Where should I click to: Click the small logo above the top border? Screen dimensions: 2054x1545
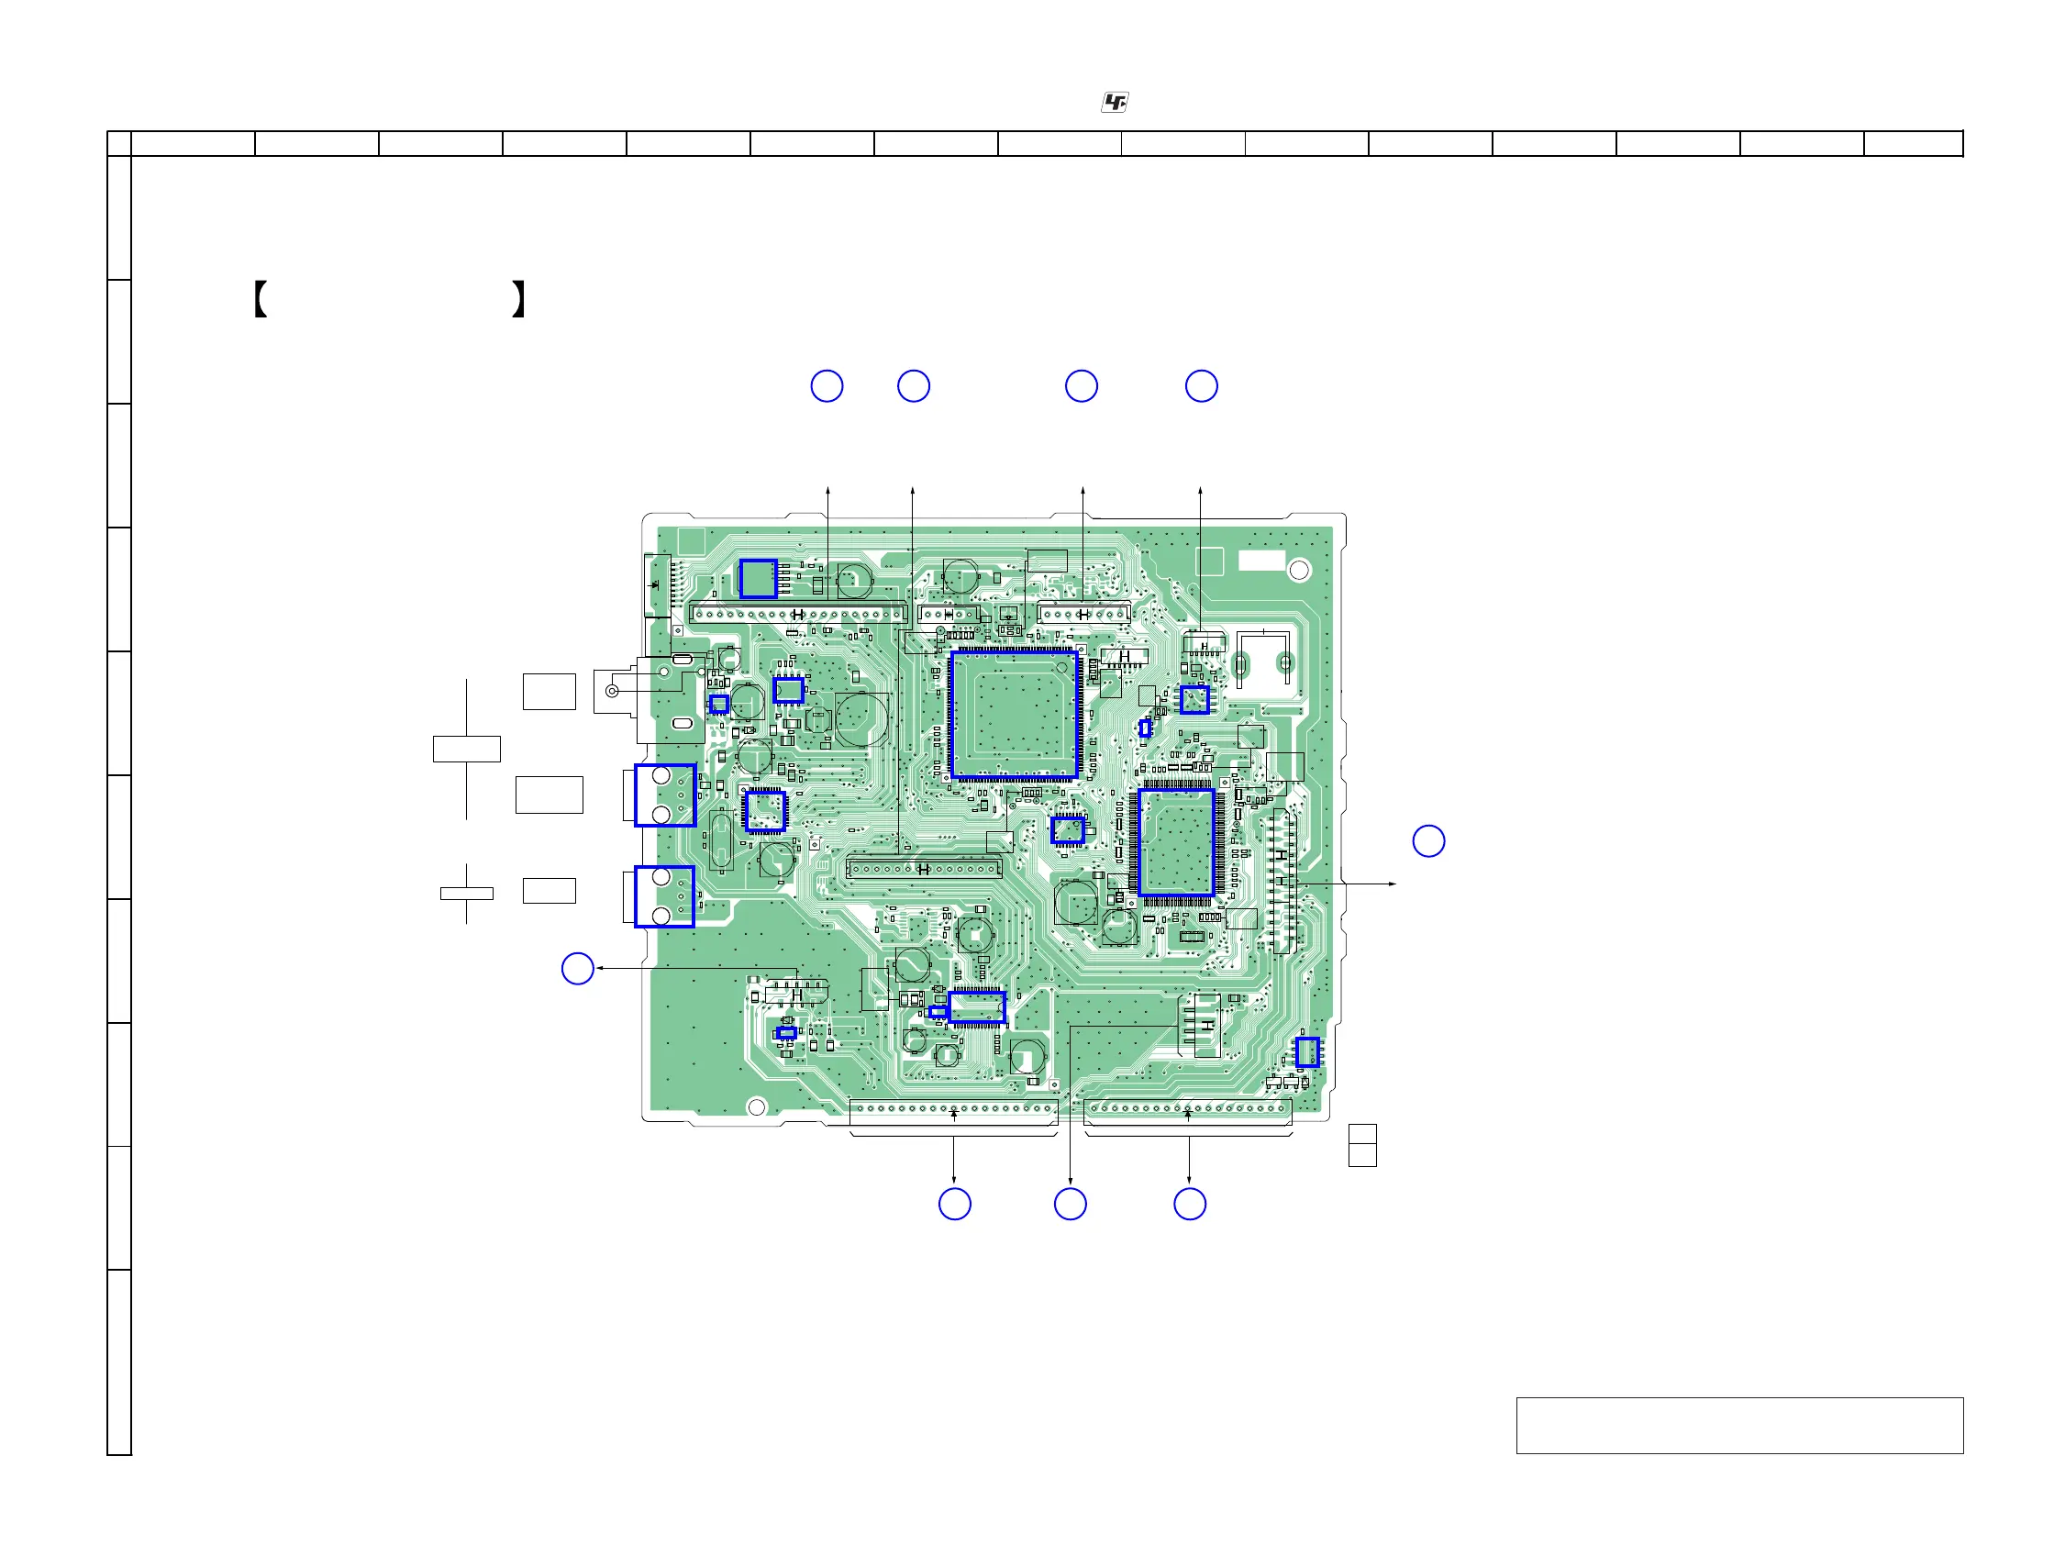click(x=1115, y=103)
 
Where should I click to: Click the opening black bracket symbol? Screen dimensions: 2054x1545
click(x=260, y=299)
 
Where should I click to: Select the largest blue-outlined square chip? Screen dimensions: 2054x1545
click(x=1014, y=714)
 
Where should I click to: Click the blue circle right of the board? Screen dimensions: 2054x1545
click(x=1428, y=841)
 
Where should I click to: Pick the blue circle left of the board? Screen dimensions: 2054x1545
click(x=578, y=969)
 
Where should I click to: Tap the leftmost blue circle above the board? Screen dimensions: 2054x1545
click(x=827, y=386)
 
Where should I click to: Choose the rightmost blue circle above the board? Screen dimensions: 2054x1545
click(x=1201, y=386)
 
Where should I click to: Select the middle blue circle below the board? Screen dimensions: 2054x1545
click(x=1070, y=1205)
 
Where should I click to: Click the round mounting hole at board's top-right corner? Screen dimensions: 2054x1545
click(x=1299, y=570)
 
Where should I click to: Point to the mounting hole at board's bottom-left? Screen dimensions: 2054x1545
click(x=757, y=1106)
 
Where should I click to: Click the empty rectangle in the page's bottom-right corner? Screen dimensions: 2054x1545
click(x=1739, y=1425)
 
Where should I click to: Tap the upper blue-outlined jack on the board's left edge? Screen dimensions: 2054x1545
click(x=665, y=795)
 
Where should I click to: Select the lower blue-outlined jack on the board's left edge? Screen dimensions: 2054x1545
click(x=665, y=897)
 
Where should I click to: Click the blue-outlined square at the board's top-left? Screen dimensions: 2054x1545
click(x=758, y=580)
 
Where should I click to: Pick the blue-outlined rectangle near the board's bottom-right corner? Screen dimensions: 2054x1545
click(x=1307, y=1052)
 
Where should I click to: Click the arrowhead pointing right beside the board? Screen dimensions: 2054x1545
click(x=1392, y=884)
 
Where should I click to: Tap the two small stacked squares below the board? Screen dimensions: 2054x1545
click(x=1362, y=1145)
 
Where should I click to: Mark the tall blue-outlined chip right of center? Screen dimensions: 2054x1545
click(x=1176, y=843)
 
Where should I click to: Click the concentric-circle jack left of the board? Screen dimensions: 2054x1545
click(x=612, y=691)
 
